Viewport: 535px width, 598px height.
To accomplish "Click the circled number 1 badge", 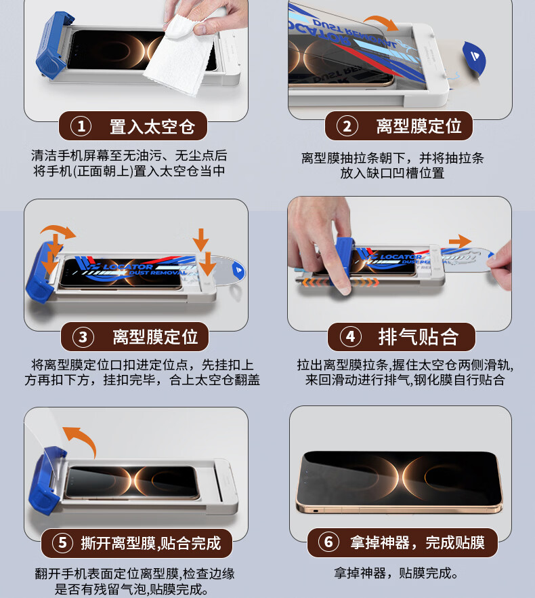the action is point(81,126).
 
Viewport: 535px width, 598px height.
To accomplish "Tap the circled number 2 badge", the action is point(347,126).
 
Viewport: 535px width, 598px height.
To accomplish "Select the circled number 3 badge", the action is point(83,337).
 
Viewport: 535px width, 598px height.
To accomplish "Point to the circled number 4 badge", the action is point(350,337).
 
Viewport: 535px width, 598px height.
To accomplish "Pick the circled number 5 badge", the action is point(62,542).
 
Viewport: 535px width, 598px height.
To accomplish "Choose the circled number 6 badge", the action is point(328,542).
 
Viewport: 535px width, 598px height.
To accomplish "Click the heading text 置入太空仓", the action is point(152,127).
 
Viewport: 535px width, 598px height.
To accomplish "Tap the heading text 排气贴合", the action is point(418,337).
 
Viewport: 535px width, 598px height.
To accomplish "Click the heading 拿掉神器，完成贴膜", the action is point(417,542).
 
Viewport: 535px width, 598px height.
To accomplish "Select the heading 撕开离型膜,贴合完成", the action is point(151,543).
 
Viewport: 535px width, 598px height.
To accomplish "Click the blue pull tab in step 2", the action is point(475,57).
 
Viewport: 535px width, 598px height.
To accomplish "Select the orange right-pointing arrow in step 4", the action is point(460,241).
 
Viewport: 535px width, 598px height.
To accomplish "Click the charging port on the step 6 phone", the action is point(316,511).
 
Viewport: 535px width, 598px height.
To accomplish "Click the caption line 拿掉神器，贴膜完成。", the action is point(396,573).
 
